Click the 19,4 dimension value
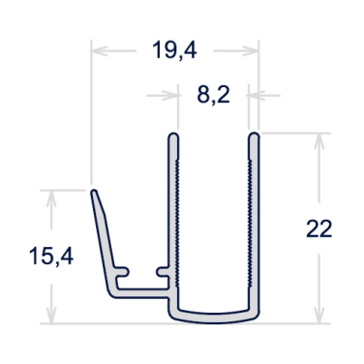174,50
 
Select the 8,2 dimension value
213,96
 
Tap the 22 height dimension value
318,229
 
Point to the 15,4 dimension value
51,257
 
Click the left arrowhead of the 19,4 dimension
100,50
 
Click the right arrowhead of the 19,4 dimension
251,50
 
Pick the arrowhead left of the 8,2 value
170,96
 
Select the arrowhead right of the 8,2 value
257,96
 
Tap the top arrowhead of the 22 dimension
318,141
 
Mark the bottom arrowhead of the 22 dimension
318,315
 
